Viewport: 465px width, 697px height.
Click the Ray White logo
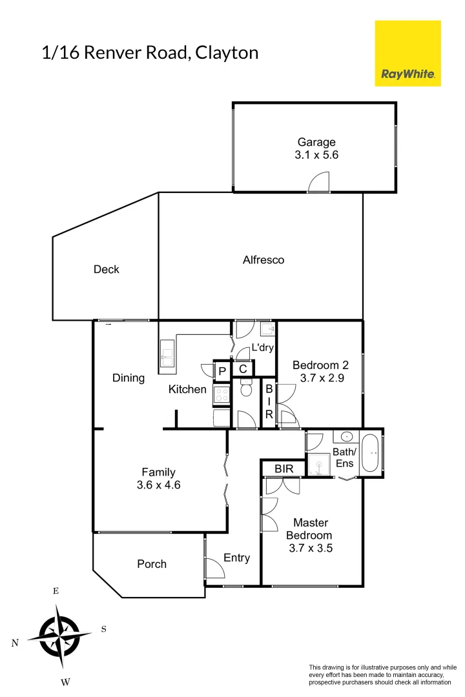[x=408, y=53]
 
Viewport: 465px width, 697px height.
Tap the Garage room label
[x=316, y=143]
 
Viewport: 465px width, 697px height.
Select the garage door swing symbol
[x=319, y=183]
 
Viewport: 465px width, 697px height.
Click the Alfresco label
[x=263, y=260]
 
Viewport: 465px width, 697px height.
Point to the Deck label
[x=107, y=269]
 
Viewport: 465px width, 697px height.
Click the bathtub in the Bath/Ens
[x=371, y=452]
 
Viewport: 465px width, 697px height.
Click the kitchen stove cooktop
[x=222, y=394]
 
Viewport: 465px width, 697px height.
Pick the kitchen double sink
[x=167, y=357]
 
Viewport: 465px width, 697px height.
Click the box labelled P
[x=222, y=371]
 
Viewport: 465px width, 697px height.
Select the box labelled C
[x=243, y=369]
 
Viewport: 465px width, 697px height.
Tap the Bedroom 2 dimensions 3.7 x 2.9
[x=322, y=379]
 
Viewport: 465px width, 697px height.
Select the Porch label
[x=152, y=564]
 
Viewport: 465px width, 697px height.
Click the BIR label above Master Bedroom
[x=284, y=469]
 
